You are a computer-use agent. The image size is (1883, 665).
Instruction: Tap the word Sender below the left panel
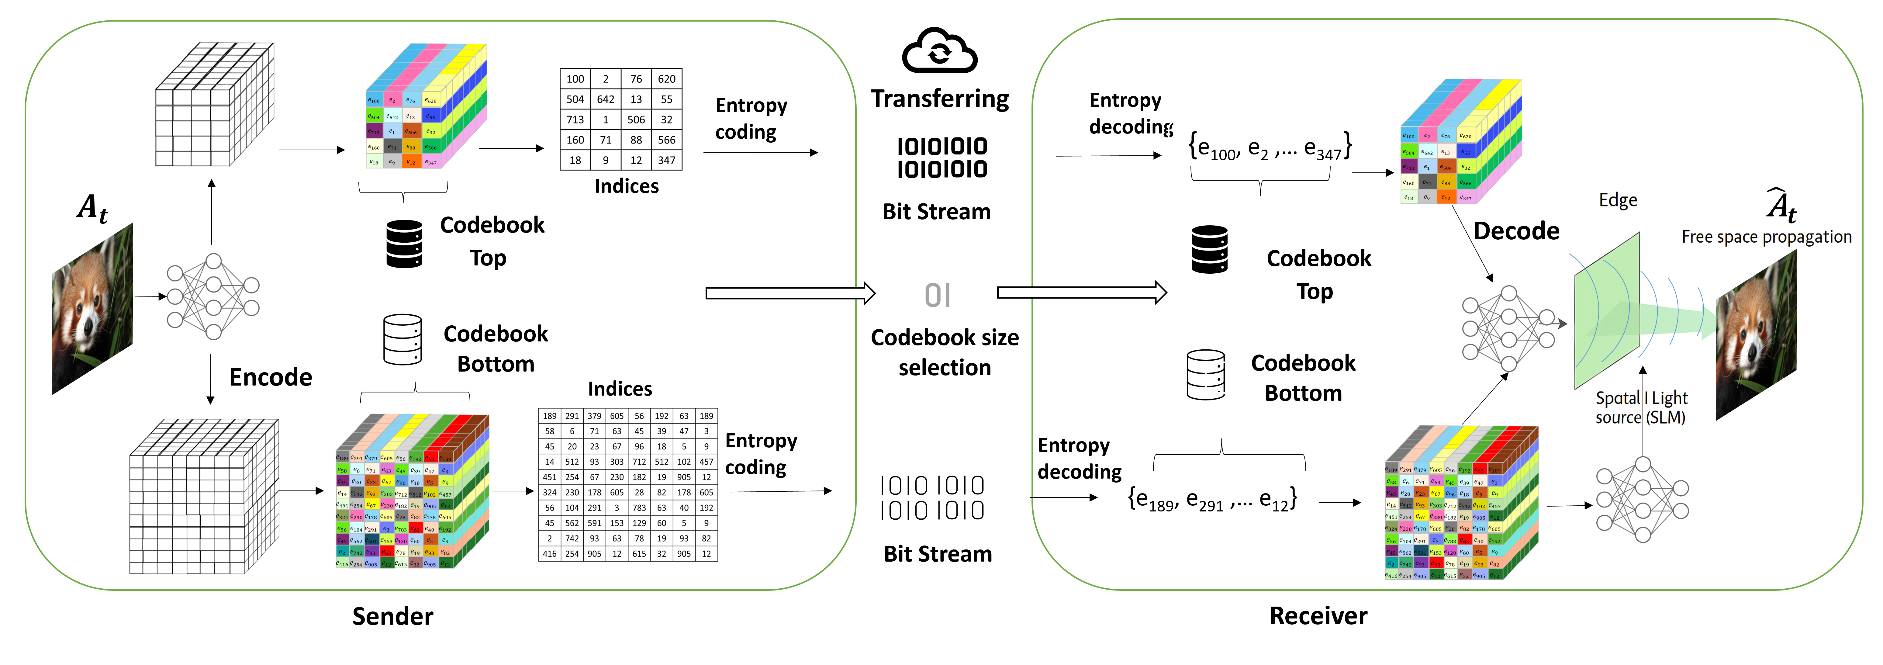tap(392, 616)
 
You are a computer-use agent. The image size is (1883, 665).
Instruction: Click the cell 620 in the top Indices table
tap(666, 79)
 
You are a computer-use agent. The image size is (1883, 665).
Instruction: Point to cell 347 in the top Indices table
tap(666, 160)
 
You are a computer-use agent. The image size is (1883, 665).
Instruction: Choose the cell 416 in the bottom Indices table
tap(550, 554)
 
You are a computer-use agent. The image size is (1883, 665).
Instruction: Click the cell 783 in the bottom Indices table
tap(639, 508)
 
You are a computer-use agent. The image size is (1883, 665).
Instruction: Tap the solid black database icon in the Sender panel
tap(404, 243)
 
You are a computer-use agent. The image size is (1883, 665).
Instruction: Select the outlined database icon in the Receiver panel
tap(1205, 374)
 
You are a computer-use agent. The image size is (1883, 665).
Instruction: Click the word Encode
tap(271, 377)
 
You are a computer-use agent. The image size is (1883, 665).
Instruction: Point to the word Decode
tap(1516, 231)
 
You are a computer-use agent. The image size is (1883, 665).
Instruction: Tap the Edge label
tap(1618, 200)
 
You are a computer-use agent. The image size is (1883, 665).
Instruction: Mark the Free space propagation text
tap(1766, 237)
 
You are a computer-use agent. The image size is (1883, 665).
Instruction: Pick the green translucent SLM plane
tap(1607, 310)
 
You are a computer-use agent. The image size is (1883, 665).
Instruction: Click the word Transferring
tap(939, 99)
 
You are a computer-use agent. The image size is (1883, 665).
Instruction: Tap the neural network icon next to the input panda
tap(213, 296)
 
